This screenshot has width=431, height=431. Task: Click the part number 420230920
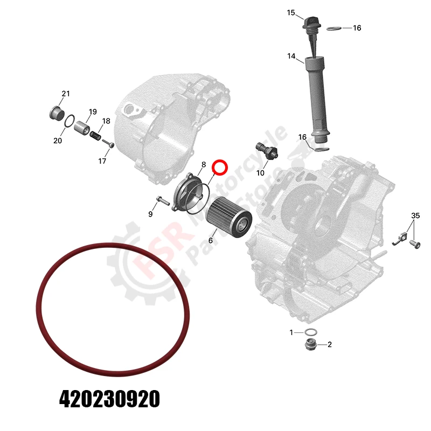click(109, 399)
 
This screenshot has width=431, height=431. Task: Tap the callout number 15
click(291, 12)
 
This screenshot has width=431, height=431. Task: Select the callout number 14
click(291, 56)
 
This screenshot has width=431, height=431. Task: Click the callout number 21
click(65, 94)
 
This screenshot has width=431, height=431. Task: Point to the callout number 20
click(58, 141)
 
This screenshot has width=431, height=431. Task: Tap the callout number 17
click(102, 161)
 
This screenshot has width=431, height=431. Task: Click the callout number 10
click(260, 172)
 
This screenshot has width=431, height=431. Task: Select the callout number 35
click(415, 215)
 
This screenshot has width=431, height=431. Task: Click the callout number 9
click(150, 214)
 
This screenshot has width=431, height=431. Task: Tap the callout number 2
click(330, 344)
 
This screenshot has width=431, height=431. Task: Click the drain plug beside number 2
click(311, 344)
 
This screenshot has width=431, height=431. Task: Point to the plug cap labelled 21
click(54, 113)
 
